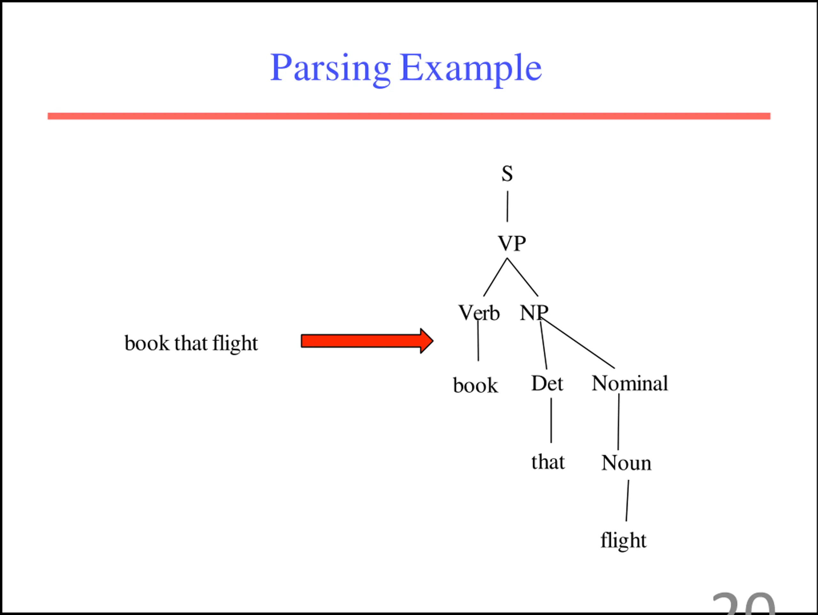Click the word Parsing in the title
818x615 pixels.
(x=330, y=68)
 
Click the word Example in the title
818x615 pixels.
(x=470, y=68)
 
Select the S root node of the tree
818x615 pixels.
(x=507, y=174)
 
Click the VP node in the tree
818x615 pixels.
(x=512, y=243)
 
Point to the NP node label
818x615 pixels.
(x=534, y=313)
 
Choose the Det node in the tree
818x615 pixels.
(x=547, y=383)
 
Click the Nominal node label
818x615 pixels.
(x=629, y=383)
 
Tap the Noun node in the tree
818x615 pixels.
(x=626, y=463)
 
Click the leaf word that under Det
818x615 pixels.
(x=548, y=462)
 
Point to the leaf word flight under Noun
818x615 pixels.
(x=623, y=540)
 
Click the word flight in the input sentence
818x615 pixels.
(x=235, y=343)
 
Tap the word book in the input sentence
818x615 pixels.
(x=147, y=343)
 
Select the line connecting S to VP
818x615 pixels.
(x=507, y=207)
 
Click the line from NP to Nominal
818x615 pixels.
(x=579, y=344)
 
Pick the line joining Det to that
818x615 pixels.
(x=551, y=420)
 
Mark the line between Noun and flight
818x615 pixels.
(x=627, y=501)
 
